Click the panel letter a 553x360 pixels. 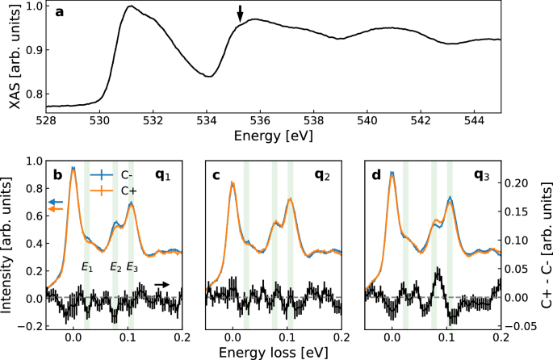tap(59, 14)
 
